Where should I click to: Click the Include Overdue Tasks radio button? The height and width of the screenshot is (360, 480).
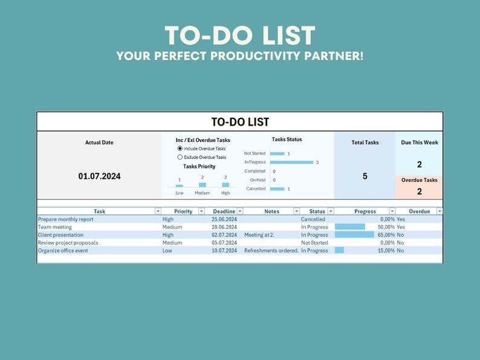[180, 148]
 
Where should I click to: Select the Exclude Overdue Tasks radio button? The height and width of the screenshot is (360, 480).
[180, 157]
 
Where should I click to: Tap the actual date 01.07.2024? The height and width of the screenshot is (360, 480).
[99, 176]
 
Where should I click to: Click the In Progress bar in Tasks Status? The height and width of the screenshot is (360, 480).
[291, 162]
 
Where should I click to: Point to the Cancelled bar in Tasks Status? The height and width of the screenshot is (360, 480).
[277, 189]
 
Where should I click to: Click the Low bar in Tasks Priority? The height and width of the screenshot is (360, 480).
[180, 185]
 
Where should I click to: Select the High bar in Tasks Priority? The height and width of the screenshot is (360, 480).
[225, 184]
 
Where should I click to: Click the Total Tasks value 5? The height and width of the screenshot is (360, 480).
[365, 176]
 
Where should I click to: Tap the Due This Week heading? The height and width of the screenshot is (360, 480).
[420, 143]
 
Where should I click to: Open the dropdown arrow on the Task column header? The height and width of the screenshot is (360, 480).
[158, 211]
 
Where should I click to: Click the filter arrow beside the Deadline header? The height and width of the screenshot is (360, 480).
[240, 211]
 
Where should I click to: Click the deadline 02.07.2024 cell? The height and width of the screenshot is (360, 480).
[224, 235]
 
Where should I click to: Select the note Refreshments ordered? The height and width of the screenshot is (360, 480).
[271, 251]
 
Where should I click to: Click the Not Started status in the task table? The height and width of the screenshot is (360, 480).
[314, 243]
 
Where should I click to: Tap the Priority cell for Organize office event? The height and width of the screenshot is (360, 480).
[167, 251]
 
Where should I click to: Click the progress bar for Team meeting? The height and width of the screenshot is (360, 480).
[350, 227]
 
